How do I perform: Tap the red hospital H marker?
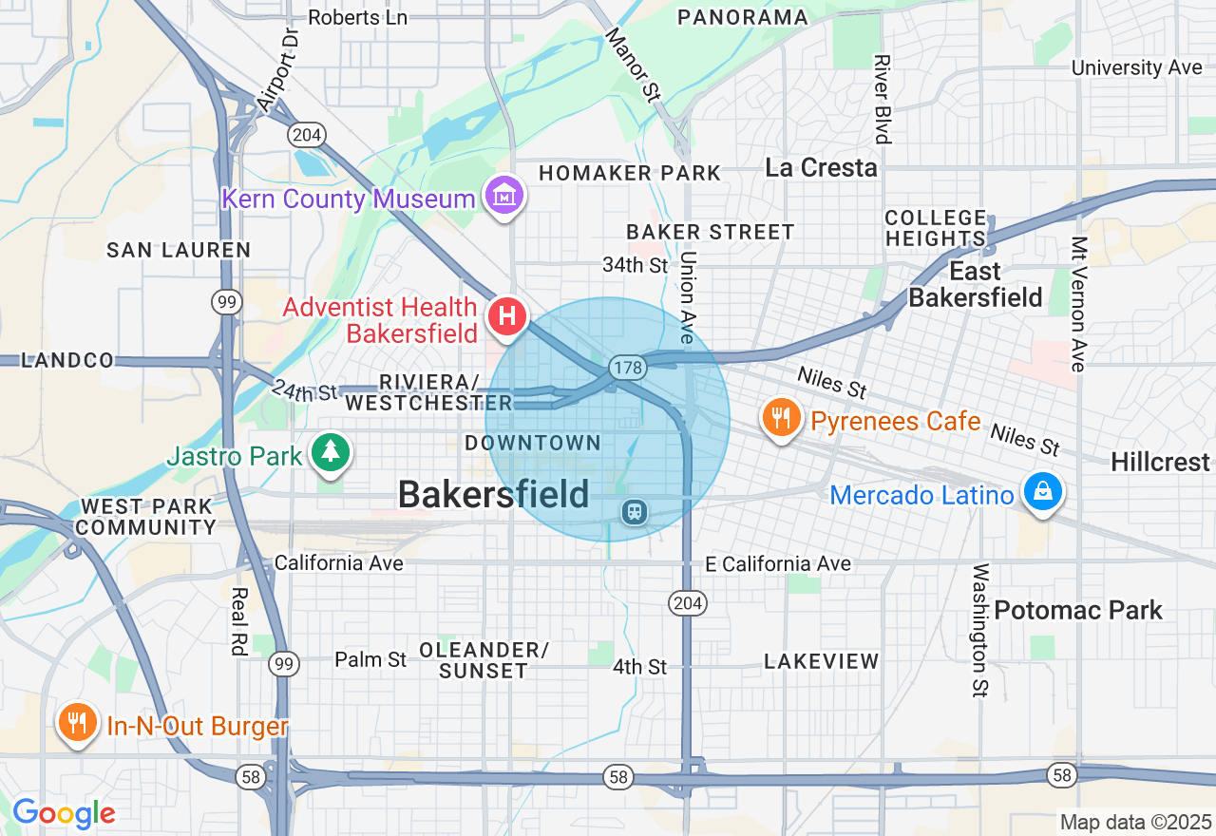pyautogui.click(x=507, y=315)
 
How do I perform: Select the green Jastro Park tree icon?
pyautogui.click(x=330, y=451)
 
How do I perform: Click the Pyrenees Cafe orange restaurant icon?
pyautogui.click(x=781, y=418)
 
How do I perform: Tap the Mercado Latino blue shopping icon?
pyautogui.click(x=1043, y=491)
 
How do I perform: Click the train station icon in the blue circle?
pyautogui.click(x=634, y=512)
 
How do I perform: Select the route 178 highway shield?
pyautogui.click(x=629, y=367)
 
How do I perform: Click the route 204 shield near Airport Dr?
pyautogui.click(x=307, y=135)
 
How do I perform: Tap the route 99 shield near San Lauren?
pyautogui.click(x=226, y=303)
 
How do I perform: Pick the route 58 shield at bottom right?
pyautogui.click(x=1062, y=775)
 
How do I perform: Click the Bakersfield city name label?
pyautogui.click(x=493, y=494)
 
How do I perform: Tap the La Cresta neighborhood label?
pyautogui.click(x=821, y=168)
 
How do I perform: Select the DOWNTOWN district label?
pyautogui.click(x=533, y=443)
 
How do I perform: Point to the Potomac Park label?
pyautogui.click(x=1078, y=610)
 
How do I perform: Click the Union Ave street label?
pyautogui.click(x=688, y=296)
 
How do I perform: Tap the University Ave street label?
pyautogui.click(x=1137, y=67)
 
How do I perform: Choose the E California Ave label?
pyautogui.click(x=778, y=564)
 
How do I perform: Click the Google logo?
pyautogui.click(x=64, y=813)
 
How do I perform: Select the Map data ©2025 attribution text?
pyautogui.click(x=1136, y=822)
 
